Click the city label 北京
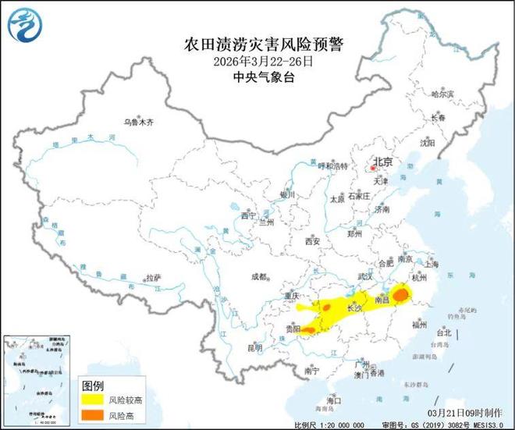(x=382, y=162)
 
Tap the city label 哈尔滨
(x=442, y=94)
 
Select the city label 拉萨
(x=152, y=278)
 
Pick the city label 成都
(x=259, y=275)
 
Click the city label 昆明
(x=254, y=347)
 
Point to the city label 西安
(x=313, y=241)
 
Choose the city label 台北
(x=443, y=332)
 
